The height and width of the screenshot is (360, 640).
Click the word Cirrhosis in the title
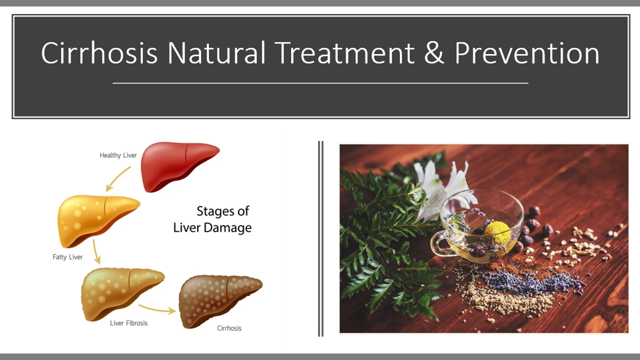click(99, 53)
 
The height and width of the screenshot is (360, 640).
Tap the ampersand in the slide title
click(434, 53)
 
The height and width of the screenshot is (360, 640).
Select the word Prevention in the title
click(526, 53)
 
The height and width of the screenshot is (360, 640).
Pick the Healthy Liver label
click(118, 155)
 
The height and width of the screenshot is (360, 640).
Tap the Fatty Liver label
click(67, 257)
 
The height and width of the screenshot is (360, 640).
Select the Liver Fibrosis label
click(129, 323)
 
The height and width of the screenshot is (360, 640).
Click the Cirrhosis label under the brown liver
click(229, 328)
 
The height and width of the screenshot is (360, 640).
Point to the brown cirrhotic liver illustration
click(220, 301)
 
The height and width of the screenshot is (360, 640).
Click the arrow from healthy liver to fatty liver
click(117, 179)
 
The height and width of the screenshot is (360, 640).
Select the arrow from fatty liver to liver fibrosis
click(96, 251)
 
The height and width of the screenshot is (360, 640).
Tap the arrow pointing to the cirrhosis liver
click(157, 309)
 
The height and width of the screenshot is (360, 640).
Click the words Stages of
click(223, 211)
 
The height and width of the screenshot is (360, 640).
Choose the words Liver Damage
click(212, 227)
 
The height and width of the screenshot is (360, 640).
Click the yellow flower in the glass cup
click(497, 231)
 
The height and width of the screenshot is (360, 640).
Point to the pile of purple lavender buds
click(531, 282)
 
